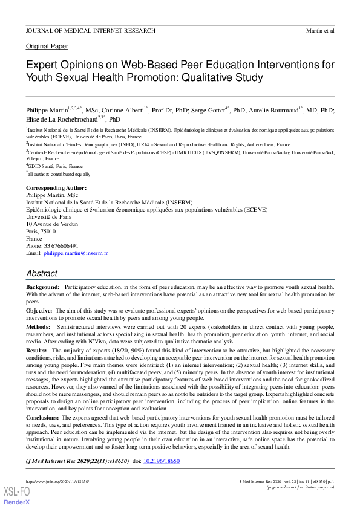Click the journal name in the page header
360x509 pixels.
(91, 30)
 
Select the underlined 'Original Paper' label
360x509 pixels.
(47, 47)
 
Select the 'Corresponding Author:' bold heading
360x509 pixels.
(56, 188)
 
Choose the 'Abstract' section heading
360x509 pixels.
(42, 273)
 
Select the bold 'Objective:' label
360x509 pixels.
(39, 310)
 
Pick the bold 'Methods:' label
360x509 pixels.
(38, 326)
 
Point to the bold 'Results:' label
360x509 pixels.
(36, 350)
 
